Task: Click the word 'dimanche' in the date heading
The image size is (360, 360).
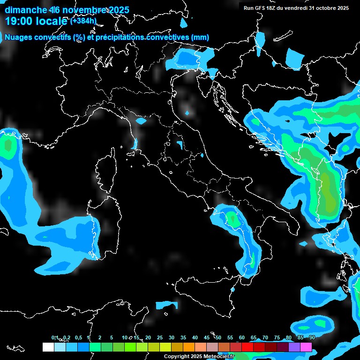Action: [x=25, y=10]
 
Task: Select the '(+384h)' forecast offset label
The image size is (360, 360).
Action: [x=83, y=21]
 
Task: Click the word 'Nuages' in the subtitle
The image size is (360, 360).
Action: [x=17, y=37]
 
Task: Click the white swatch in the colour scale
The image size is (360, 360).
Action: [x=48, y=347]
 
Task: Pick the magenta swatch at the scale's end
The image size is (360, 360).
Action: [x=306, y=347]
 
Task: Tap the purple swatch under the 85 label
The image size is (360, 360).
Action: [x=294, y=347]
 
